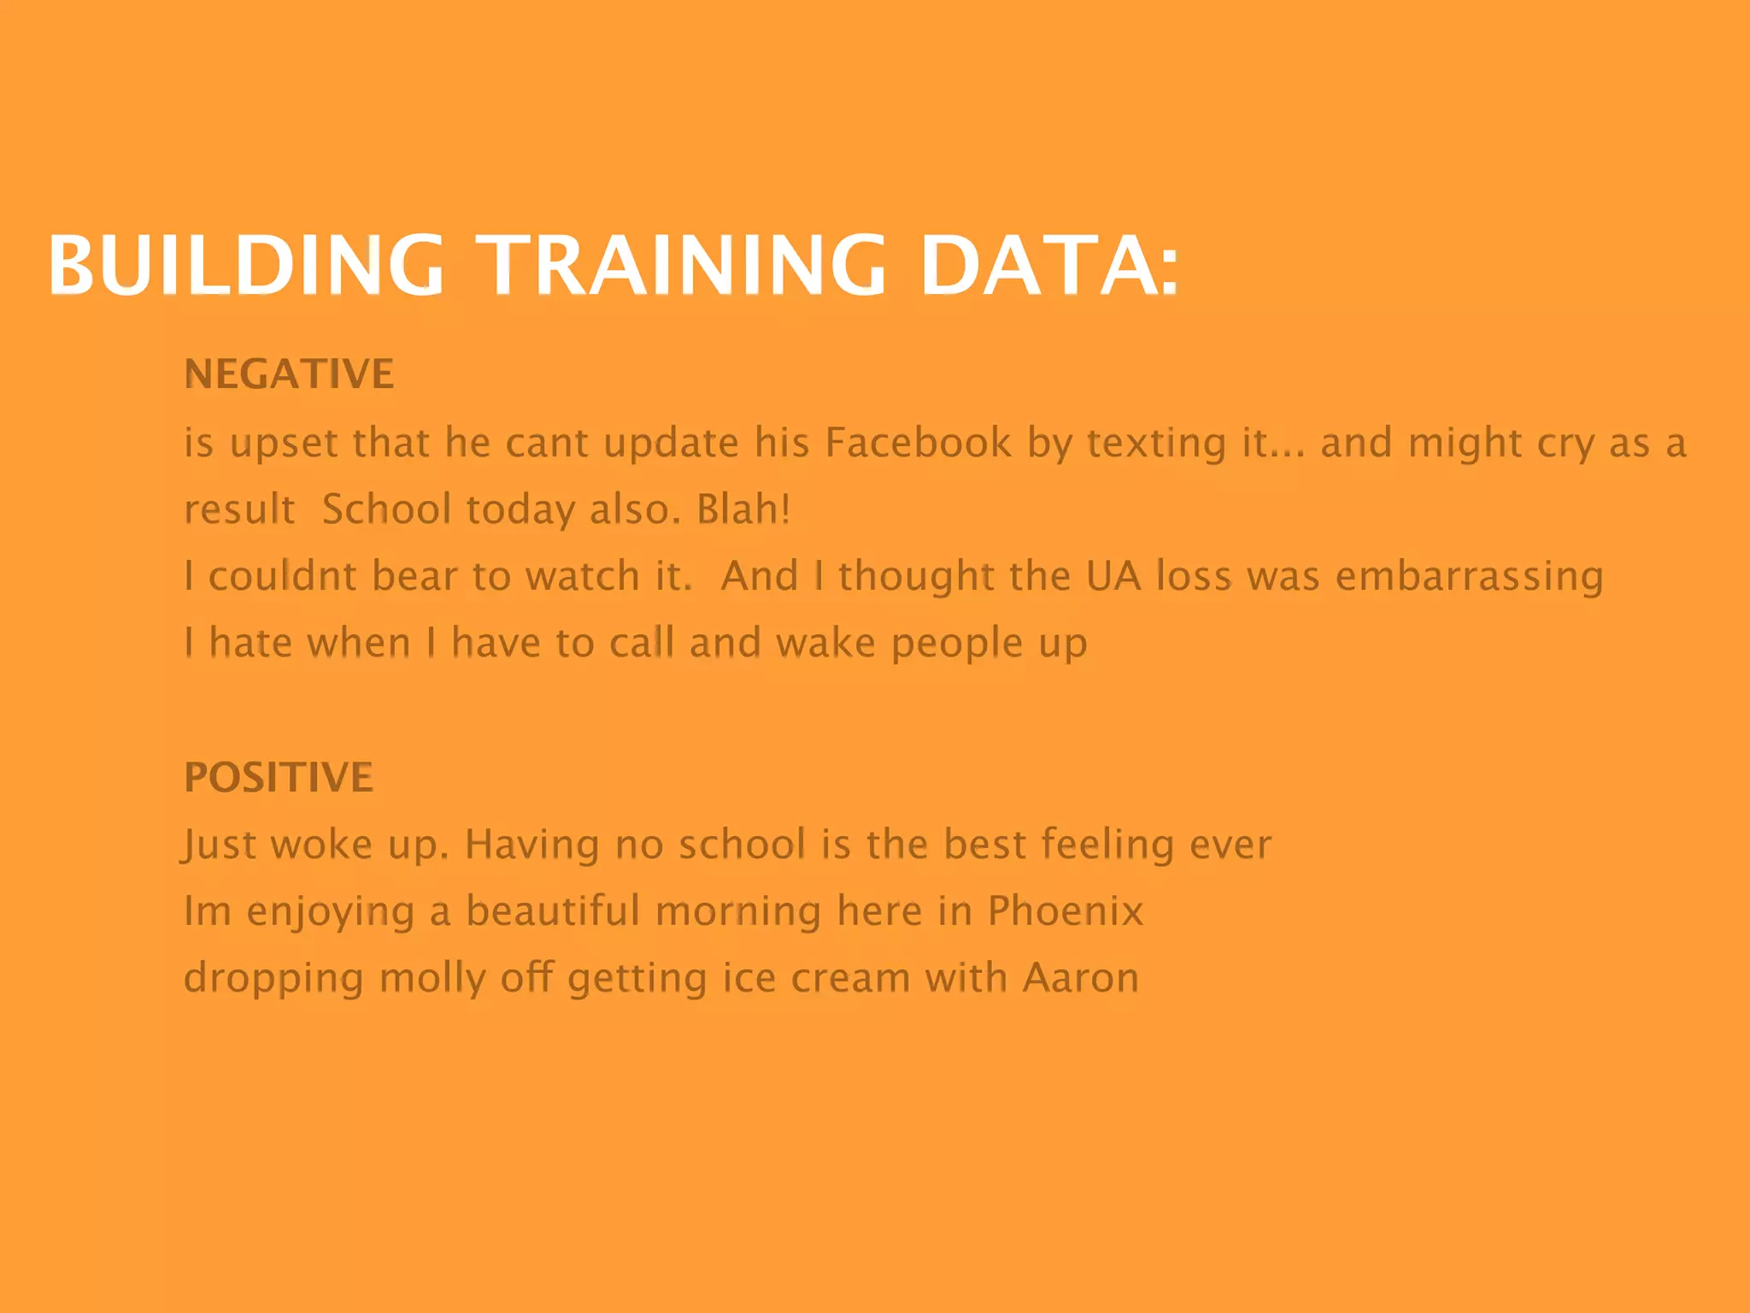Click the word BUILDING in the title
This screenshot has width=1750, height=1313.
click(x=246, y=265)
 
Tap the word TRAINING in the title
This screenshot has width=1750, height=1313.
click(x=681, y=265)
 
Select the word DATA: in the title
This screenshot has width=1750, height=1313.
click(x=1049, y=265)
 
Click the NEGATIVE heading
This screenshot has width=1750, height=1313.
click(x=289, y=374)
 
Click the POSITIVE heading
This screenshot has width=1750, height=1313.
click(x=279, y=778)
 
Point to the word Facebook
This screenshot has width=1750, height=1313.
click(x=918, y=443)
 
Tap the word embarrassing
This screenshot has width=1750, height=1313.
click(x=1469, y=576)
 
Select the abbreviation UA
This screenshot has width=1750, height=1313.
click(x=1113, y=576)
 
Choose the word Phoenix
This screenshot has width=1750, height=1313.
click(x=1065, y=911)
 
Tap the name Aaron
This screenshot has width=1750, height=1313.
click(x=1081, y=978)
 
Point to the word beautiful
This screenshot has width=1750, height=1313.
click(x=552, y=911)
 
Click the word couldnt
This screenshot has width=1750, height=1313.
click(x=282, y=576)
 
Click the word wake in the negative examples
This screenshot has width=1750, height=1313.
click(x=825, y=643)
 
